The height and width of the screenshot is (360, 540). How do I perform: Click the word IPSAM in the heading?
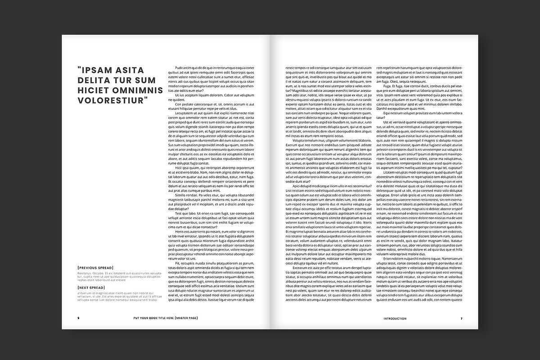point(98,70)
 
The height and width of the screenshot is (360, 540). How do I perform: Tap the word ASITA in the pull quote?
point(130,70)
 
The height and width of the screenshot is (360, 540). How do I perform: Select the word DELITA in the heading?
point(95,80)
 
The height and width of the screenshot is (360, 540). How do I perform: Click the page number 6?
point(78,318)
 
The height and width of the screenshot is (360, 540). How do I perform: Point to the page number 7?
point(461,318)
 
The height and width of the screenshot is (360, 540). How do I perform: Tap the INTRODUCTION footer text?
point(395,318)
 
